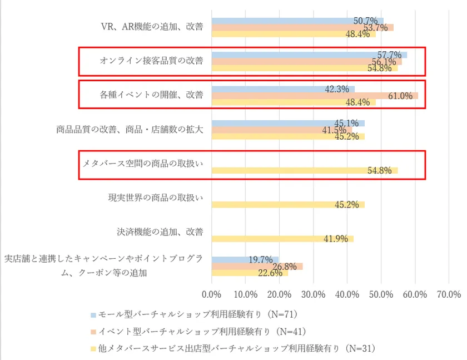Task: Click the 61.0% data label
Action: pos(400,96)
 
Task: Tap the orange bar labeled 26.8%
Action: pos(257,267)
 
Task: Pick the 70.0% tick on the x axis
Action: pos(450,294)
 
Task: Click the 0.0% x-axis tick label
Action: pos(212,294)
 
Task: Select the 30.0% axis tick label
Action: pos(314,294)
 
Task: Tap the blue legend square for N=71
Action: pos(92,314)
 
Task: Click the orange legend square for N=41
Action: pos(92,332)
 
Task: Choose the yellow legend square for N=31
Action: pos(92,349)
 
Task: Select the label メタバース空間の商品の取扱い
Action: pos(142,164)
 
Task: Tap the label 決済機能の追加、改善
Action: pos(160,232)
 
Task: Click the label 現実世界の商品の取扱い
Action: pos(156,198)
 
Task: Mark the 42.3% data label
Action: pos(336,88)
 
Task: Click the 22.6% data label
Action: pos(271,273)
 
